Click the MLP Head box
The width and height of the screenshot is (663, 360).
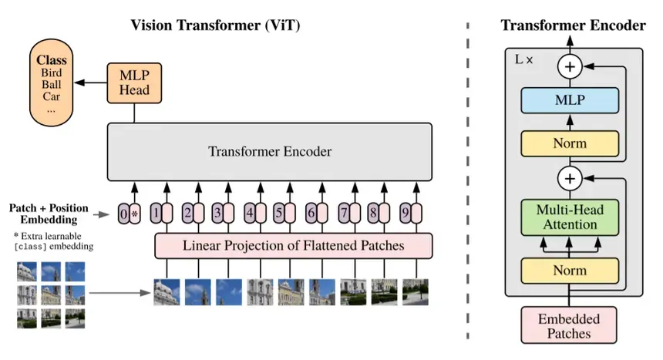coord(134,82)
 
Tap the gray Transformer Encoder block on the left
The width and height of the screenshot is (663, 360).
coord(270,151)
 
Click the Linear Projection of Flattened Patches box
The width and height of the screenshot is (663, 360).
coord(294,246)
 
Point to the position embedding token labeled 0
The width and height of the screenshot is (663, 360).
coord(124,213)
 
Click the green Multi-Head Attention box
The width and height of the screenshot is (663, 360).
coord(570,217)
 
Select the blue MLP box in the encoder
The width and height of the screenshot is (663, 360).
coord(570,100)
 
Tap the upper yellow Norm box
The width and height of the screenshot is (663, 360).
coord(570,143)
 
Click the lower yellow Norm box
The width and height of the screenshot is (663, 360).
coord(570,271)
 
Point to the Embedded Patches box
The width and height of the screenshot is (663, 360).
coord(570,325)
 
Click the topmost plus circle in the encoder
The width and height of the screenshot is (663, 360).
coord(570,67)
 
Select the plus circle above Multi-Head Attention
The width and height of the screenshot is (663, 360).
coord(570,180)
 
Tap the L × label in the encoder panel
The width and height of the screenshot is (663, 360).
coord(523,59)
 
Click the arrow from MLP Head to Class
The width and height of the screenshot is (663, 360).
coord(92,82)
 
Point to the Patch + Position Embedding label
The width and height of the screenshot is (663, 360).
coord(49,214)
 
